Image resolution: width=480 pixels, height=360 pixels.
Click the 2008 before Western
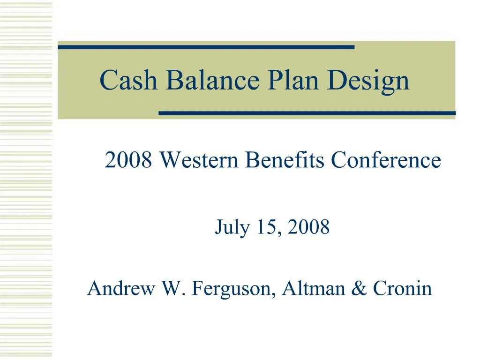[x=128, y=161]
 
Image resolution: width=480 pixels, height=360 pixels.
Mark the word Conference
[x=386, y=161]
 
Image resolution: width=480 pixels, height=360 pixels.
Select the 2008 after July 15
[x=309, y=228]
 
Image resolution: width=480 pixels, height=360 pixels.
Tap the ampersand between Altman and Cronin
[x=358, y=288]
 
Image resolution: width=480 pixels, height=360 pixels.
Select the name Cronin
[x=402, y=288]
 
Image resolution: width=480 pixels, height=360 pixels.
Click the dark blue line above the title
[x=206, y=47]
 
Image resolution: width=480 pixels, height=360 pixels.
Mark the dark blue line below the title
[x=307, y=113]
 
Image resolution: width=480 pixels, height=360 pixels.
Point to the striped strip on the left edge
[x=26, y=180]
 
